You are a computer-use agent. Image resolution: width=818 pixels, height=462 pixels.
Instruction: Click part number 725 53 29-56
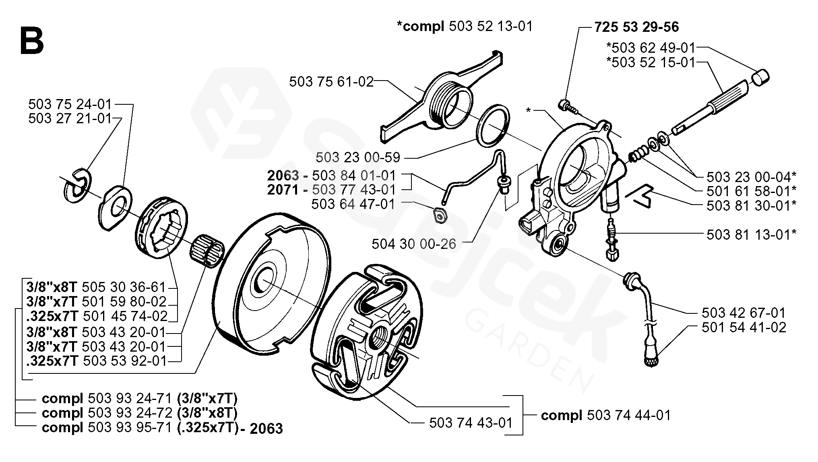[x=636, y=27]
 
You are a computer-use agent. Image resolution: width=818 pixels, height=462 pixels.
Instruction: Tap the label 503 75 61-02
[x=331, y=82]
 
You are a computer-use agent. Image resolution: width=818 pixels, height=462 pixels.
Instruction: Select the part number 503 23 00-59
[x=358, y=157]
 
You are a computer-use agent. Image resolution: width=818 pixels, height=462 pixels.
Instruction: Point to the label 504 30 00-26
[x=414, y=244]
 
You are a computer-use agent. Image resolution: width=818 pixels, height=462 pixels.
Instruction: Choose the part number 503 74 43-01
[x=471, y=423]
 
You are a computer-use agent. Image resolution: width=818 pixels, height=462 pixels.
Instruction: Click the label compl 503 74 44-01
[x=606, y=415]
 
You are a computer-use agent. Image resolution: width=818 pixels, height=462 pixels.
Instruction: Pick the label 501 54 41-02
[x=744, y=327]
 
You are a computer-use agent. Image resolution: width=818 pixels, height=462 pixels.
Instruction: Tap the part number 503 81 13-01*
[x=752, y=234]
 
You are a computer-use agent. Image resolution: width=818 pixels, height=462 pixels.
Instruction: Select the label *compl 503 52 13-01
[x=465, y=26]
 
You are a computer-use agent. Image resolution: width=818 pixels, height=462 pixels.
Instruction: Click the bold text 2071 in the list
[x=283, y=189]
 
